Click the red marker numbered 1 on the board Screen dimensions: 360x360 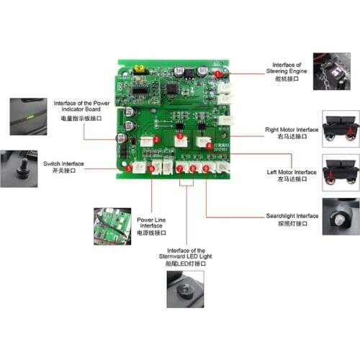(x=218, y=73)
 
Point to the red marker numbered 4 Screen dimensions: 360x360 (x=209, y=144)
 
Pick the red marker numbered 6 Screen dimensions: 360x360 (x=151, y=169)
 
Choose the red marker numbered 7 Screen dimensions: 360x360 (x=180, y=169)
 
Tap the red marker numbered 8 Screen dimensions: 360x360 (x=193, y=169)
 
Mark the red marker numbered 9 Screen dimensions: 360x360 (x=207, y=169)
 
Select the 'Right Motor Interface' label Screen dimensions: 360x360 (x=291, y=132)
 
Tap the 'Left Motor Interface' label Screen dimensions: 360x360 (x=291, y=176)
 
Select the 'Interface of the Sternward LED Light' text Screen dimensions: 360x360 (x=186, y=253)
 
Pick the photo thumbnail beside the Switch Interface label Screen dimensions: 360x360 (x=18, y=166)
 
